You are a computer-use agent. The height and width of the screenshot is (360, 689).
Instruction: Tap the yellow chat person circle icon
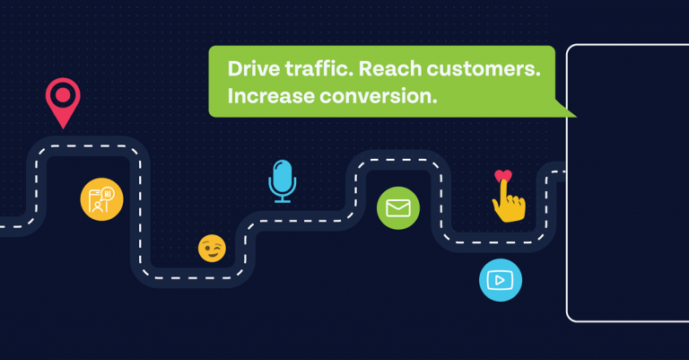[x=101, y=199]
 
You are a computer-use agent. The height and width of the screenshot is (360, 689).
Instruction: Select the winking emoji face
[x=212, y=249]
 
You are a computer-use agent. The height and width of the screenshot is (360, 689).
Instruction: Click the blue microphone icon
[x=282, y=181]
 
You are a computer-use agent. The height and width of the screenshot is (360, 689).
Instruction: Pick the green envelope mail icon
[x=398, y=208]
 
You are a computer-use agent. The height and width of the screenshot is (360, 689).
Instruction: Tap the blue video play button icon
[x=501, y=280]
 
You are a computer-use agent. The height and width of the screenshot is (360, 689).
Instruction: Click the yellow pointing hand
[x=509, y=202]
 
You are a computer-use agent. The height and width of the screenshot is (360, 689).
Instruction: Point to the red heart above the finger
[x=503, y=176]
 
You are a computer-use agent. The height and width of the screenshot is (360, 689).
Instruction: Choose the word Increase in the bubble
[x=271, y=96]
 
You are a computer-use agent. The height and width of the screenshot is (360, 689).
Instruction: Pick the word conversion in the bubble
[x=379, y=96]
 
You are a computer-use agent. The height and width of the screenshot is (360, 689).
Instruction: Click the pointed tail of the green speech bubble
[x=576, y=117]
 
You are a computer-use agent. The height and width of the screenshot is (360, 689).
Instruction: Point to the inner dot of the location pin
[x=63, y=94]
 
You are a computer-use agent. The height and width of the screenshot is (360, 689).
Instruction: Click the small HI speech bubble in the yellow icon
[x=108, y=193]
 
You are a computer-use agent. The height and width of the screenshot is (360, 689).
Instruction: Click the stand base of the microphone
[x=282, y=201]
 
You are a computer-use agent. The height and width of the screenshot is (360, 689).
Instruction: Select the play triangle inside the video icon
[x=500, y=280]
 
